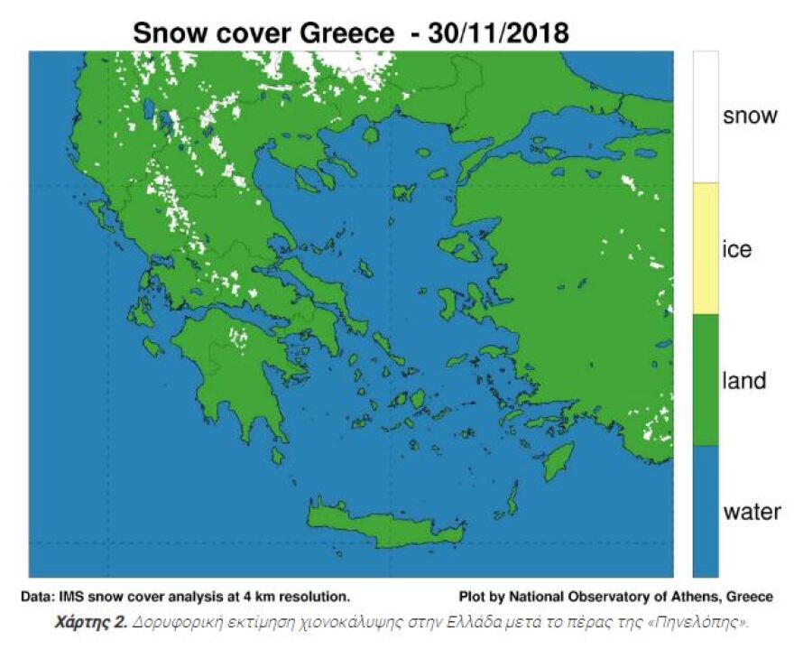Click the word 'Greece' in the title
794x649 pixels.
[x=347, y=33]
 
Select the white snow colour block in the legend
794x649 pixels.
[x=706, y=116]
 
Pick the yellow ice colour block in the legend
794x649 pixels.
[x=706, y=248]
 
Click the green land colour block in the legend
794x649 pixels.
[x=706, y=379]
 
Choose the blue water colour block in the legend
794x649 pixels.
[x=706, y=511]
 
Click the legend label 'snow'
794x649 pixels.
[x=750, y=116]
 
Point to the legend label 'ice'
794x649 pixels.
[x=737, y=249]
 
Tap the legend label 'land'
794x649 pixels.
[x=744, y=380]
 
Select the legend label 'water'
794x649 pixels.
[x=752, y=512]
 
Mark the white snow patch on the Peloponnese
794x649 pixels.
[x=238, y=338]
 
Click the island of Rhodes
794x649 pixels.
[x=559, y=455]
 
